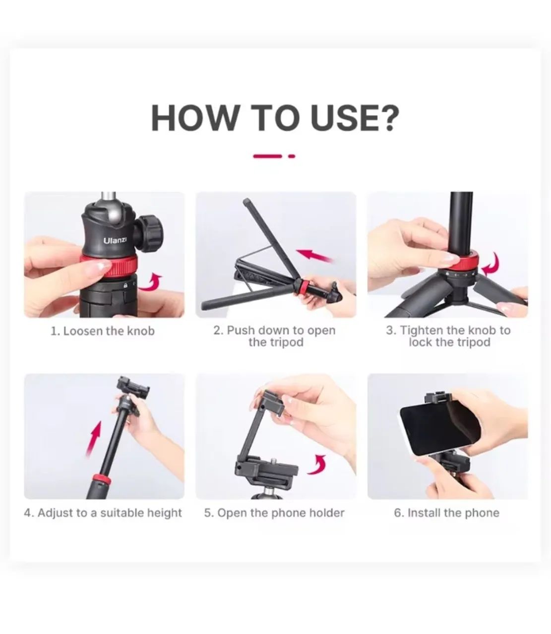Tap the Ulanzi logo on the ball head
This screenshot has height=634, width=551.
[x=115, y=240]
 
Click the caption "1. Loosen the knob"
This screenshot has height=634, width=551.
[x=103, y=331]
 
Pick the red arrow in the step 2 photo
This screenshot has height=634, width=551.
[x=317, y=256]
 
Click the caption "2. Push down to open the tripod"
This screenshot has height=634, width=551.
[x=275, y=336]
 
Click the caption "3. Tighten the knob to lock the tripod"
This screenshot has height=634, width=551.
[x=448, y=336]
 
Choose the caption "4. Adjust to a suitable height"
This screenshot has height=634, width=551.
[x=103, y=513]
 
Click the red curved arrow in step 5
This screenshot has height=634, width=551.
[x=317, y=464]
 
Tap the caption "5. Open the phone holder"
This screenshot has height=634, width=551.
[x=274, y=513]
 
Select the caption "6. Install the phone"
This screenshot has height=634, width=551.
[x=446, y=513]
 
